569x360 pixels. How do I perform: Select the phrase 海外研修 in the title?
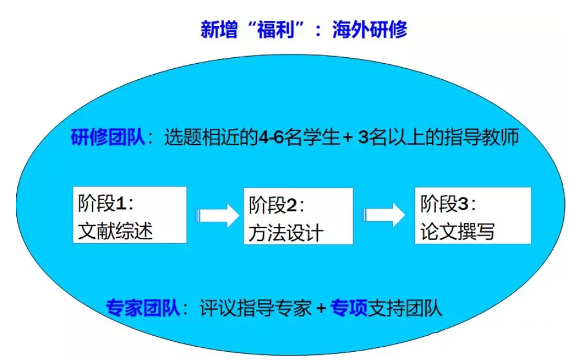[x=369, y=30]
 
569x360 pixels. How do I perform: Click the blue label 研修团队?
[x=108, y=137]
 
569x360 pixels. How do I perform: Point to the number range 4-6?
[x=271, y=137]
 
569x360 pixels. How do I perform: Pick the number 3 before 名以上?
[x=364, y=138]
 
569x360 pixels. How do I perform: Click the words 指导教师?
[x=482, y=137]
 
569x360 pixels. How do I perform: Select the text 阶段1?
[x=102, y=203]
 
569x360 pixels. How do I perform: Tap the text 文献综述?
[x=115, y=231]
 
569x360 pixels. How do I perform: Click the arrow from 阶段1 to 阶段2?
[x=218, y=215]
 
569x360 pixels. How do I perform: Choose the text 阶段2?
[x=273, y=205]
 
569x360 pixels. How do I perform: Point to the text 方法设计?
[x=286, y=233]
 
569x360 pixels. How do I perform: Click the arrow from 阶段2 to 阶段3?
[x=384, y=215]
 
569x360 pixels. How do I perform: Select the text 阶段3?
[x=445, y=204]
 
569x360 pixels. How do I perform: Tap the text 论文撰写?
[x=458, y=232]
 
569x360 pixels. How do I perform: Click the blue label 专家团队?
[x=143, y=308]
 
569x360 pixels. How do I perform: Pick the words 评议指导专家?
[x=255, y=308]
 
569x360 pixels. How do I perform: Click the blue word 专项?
[x=348, y=308]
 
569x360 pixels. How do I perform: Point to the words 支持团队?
[x=405, y=308]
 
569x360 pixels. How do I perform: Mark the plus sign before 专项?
[x=321, y=309]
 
